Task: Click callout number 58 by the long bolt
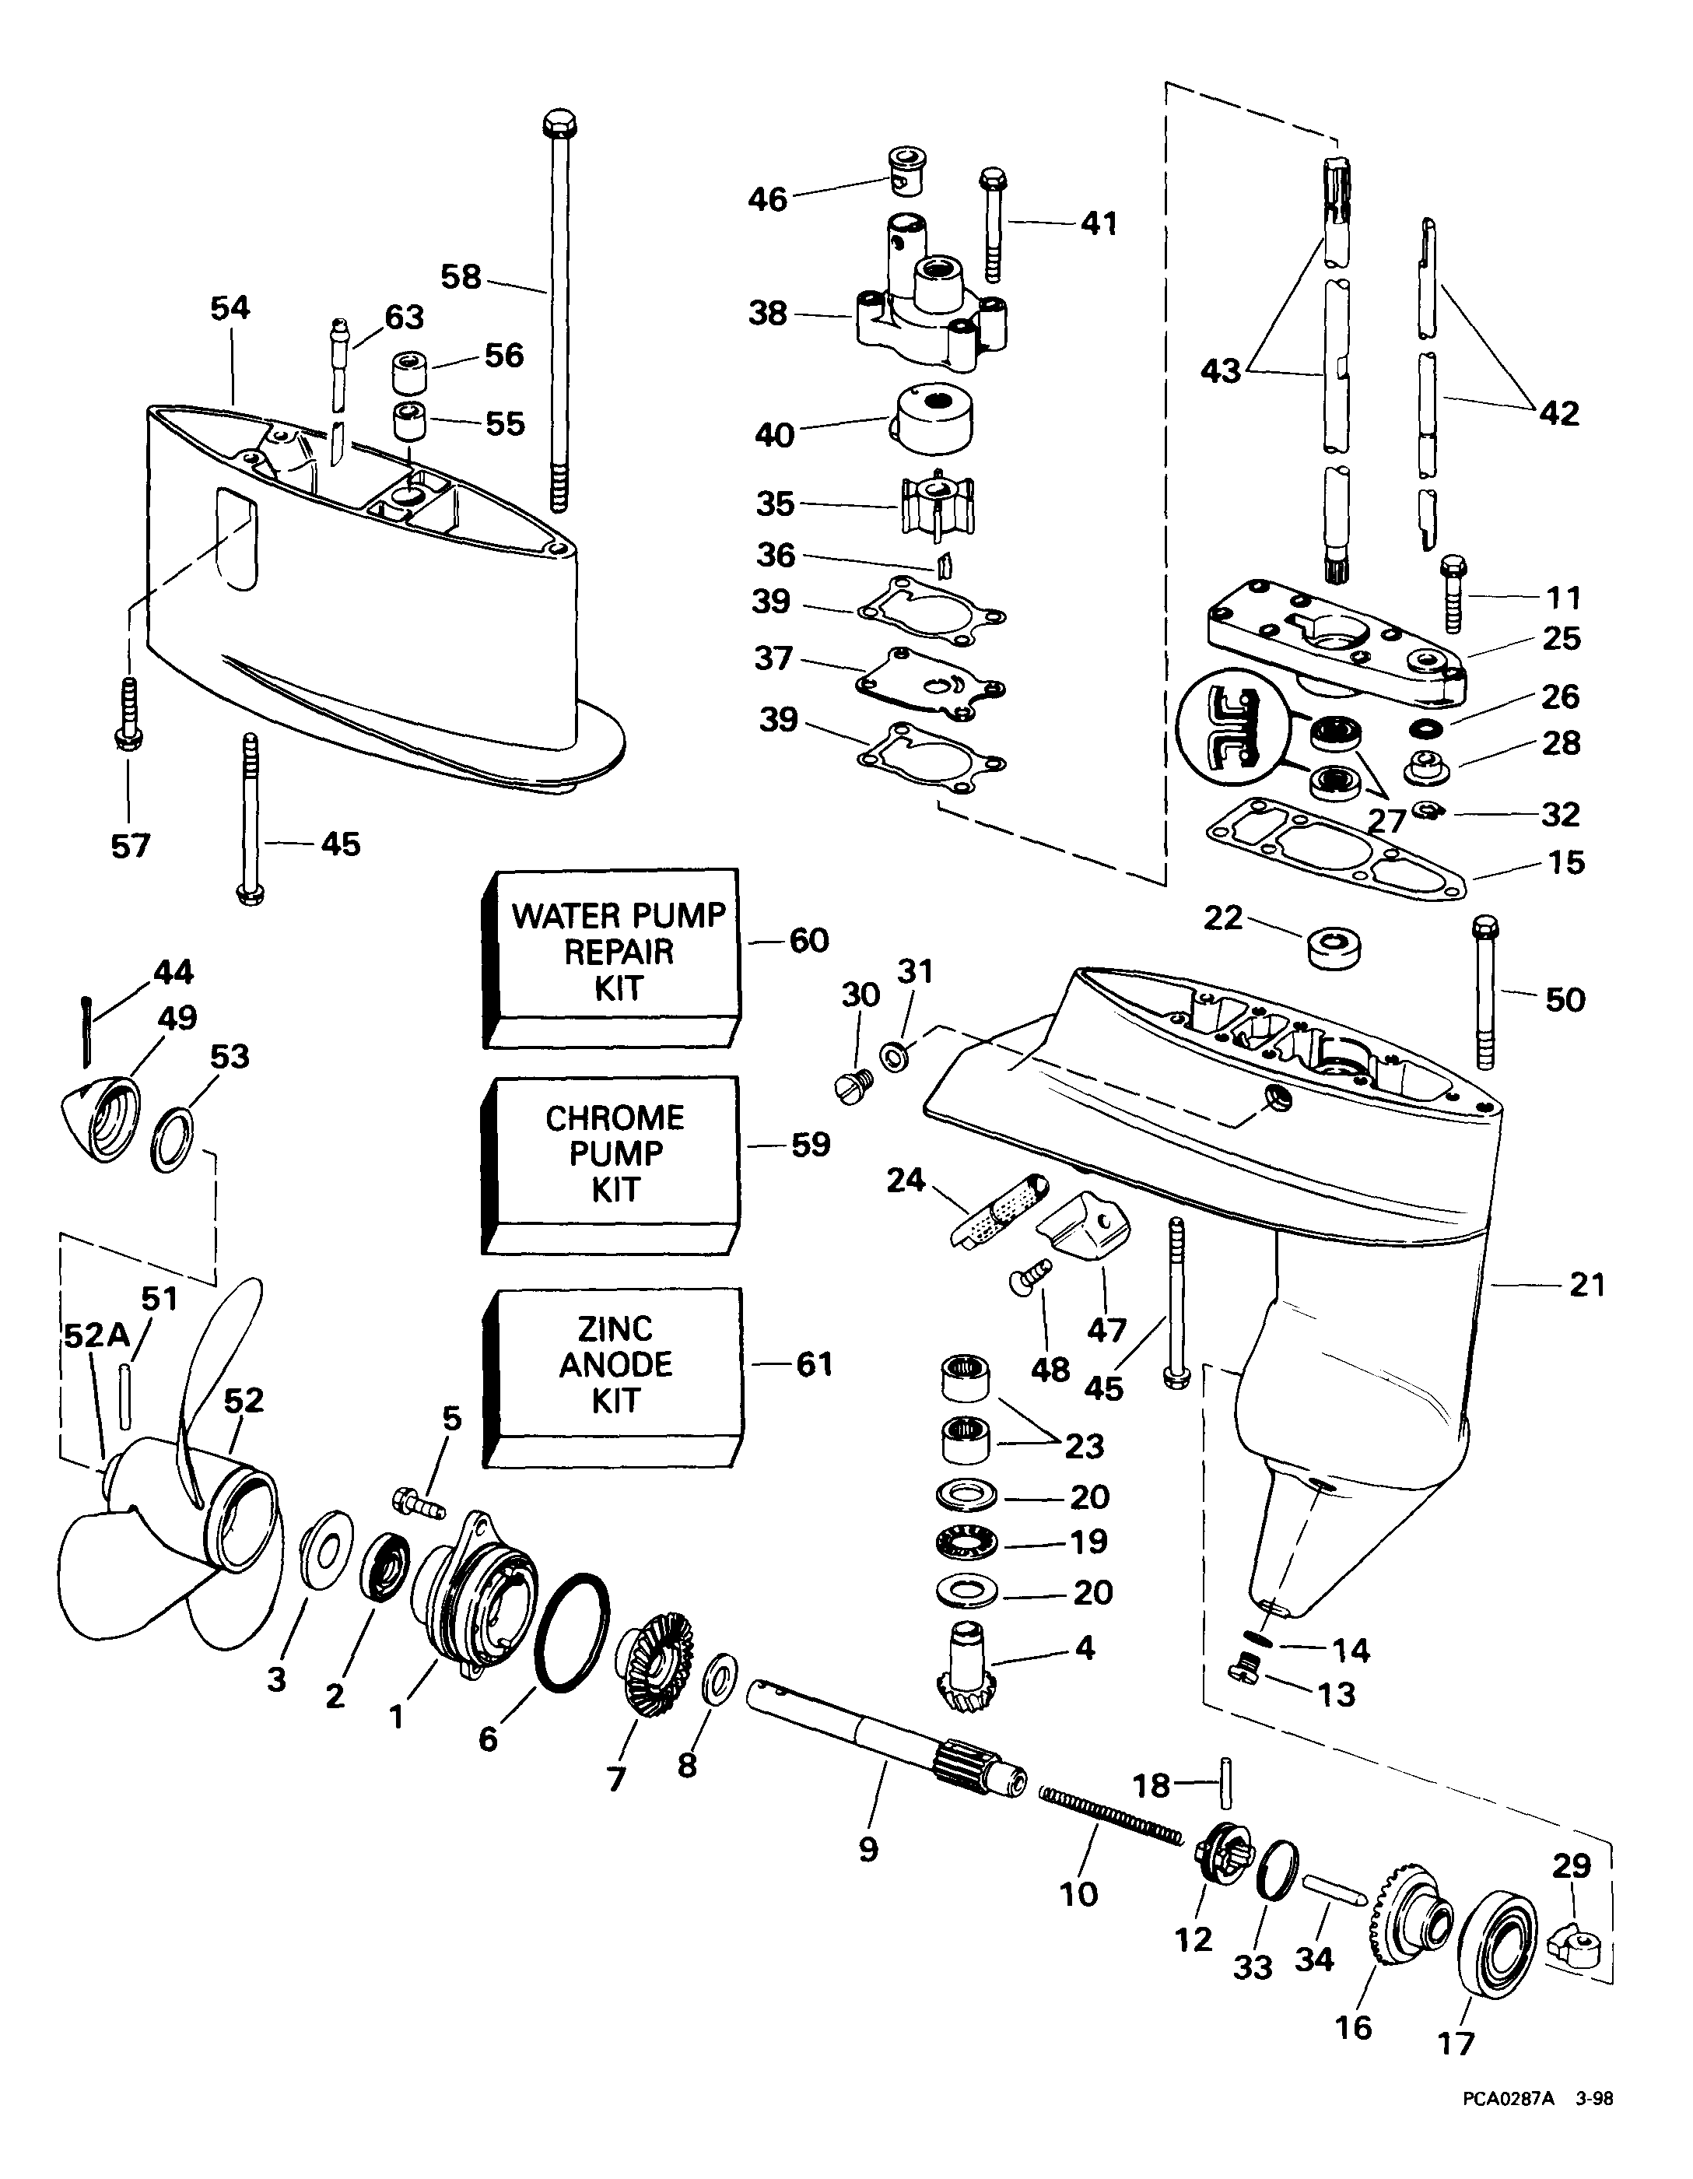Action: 461,276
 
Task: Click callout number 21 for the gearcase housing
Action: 1586,1284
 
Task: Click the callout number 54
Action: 230,308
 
